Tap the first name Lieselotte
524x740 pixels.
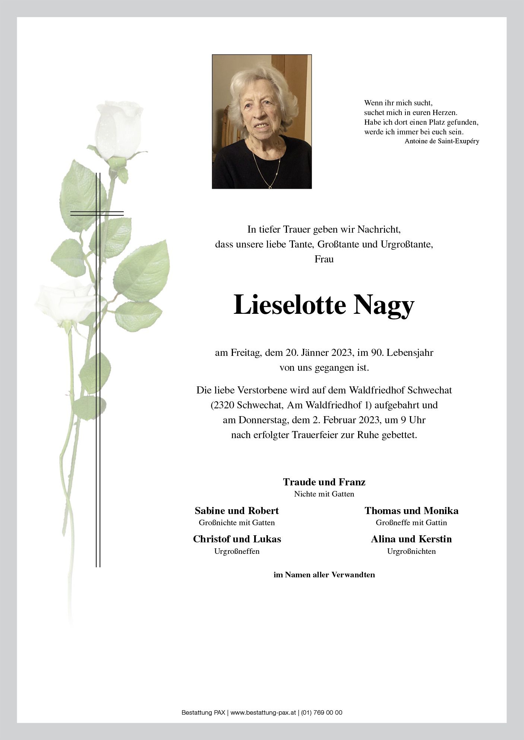tap(289, 305)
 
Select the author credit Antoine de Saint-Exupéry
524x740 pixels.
tap(442, 141)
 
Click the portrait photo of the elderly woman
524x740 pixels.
tap(262, 122)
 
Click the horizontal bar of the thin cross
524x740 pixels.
tap(97, 213)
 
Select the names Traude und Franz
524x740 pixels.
tap(324, 482)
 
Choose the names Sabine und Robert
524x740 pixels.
tap(237, 510)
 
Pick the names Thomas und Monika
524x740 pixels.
tap(411, 510)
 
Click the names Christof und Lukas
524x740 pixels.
tap(237, 539)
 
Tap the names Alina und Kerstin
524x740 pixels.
tap(411, 539)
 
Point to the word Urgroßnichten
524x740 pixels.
tap(411, 551)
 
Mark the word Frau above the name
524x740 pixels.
tap(324, 259)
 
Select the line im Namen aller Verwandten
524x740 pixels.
tap(324, 575)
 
